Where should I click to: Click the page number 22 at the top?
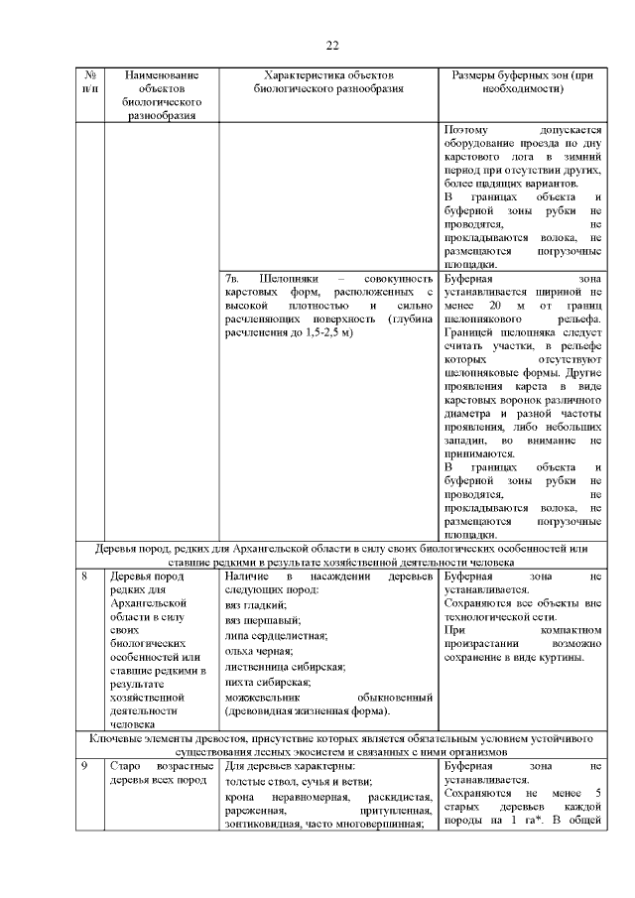point(332,46)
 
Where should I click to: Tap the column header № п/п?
point(90,81)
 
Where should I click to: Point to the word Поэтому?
point(467,130)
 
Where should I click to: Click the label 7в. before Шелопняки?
point(235,279)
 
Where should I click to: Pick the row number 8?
point(85,576)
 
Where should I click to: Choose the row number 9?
point(85,767)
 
